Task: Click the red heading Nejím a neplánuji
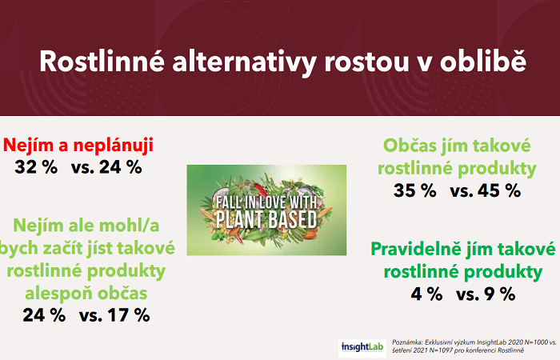coord(78,145)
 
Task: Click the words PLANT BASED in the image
coord(266,218)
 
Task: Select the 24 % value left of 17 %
coord(45,314)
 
